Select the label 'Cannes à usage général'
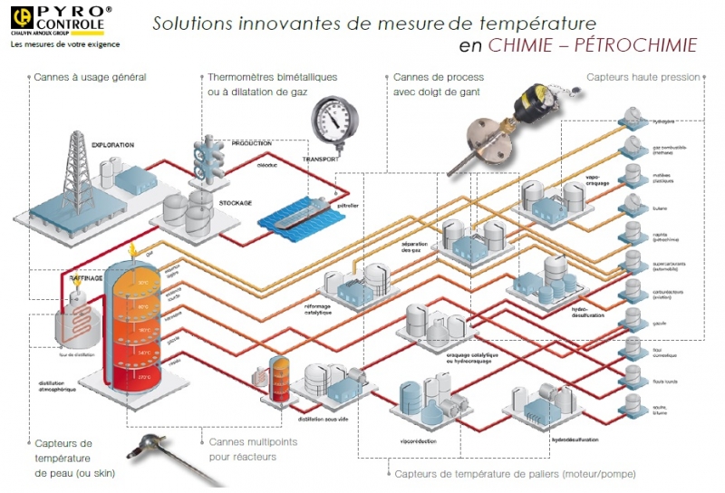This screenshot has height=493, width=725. (x=90, y=78)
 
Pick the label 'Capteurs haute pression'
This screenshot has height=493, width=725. (x=643, y=78)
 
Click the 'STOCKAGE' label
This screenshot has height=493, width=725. (x=235, y=203)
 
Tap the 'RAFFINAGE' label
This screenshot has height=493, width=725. (x=87, y=278)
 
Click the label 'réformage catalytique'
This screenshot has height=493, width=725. (x=341, y=310)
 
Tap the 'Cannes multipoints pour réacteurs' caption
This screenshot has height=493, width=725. (x=244, y=449)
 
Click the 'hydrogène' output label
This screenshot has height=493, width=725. (x=663, y=121)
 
